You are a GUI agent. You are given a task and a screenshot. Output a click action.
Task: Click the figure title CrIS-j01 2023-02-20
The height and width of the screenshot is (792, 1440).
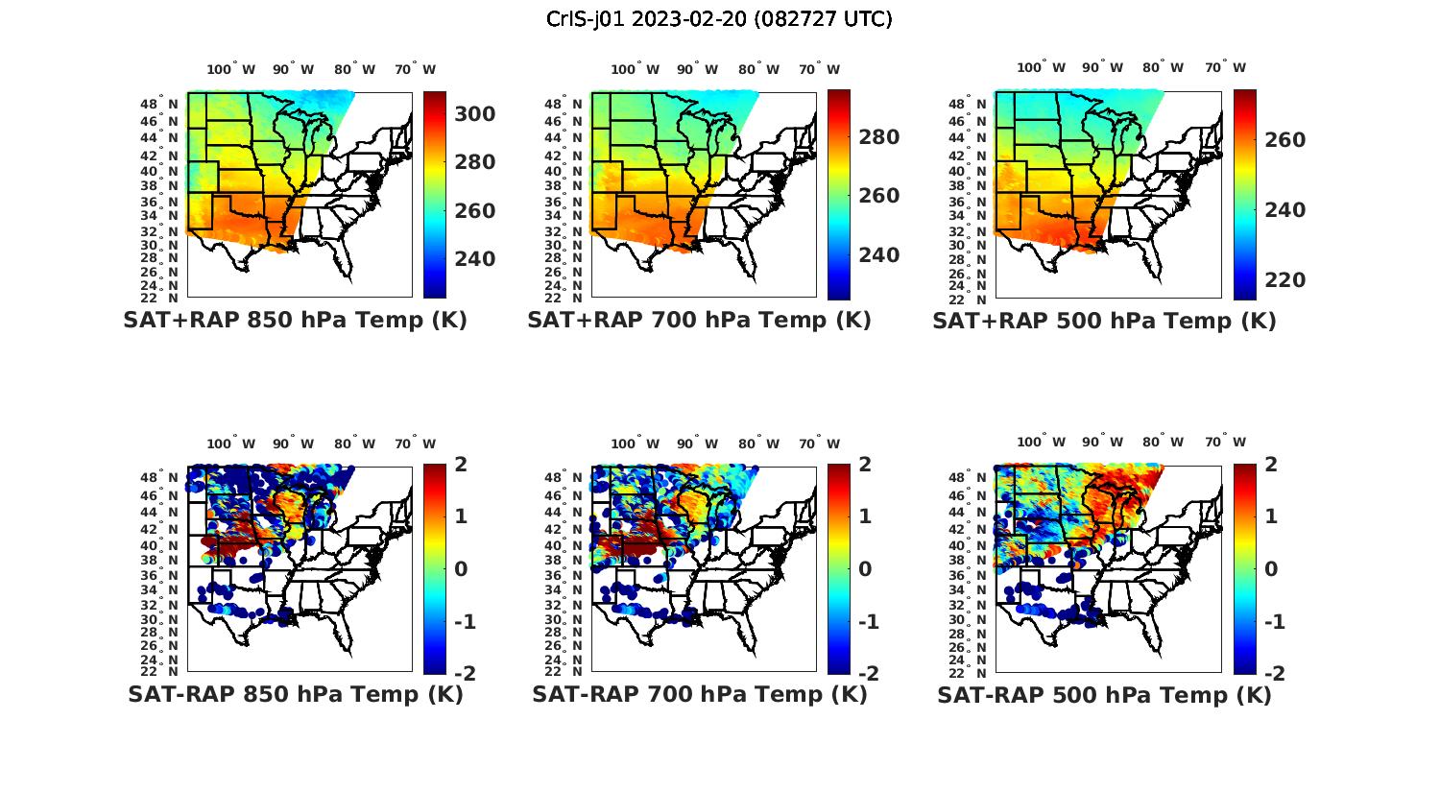719,19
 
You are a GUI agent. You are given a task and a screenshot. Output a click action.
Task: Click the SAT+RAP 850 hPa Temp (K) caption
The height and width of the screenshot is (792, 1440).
295,321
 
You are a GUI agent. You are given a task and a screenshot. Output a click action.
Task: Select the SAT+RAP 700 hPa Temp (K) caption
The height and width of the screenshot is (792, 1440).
699,321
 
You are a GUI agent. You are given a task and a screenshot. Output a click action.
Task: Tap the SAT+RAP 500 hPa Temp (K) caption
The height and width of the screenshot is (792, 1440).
1104,321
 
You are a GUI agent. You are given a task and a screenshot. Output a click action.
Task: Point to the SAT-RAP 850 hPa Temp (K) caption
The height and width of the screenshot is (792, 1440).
296,694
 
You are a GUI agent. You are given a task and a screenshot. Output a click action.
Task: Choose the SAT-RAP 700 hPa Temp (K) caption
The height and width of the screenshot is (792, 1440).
700,694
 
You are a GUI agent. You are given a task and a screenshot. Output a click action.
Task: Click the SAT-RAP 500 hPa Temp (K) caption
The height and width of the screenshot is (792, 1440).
1104,694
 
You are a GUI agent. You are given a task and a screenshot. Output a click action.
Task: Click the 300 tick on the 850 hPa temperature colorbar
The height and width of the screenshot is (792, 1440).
474,114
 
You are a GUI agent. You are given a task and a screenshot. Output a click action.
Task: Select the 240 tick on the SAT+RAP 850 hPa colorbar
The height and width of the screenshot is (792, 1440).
474,259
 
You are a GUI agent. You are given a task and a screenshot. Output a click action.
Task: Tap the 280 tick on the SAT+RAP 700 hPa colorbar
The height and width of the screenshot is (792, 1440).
878,137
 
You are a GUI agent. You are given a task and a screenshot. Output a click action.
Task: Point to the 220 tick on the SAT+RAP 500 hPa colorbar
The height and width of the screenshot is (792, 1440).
1284,280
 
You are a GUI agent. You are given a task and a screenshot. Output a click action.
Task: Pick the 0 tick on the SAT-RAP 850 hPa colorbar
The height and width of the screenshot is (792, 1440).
461,569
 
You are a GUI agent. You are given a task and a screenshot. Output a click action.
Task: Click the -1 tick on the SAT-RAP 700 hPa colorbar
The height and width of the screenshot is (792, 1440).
868,622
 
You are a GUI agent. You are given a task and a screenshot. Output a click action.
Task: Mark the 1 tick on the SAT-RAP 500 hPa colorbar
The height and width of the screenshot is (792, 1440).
1271,516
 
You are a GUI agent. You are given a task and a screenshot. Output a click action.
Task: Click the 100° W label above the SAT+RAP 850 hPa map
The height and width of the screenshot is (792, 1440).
231,69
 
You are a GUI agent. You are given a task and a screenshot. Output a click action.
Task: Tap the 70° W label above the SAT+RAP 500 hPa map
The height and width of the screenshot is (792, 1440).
1225,67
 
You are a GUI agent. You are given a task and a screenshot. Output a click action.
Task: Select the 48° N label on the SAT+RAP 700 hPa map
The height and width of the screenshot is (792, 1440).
563,104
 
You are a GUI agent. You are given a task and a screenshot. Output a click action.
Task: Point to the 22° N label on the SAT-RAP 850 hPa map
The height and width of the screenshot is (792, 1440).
158,671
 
